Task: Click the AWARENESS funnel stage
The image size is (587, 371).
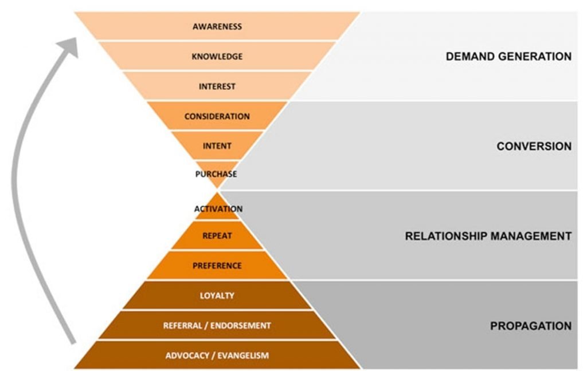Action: tap(217, 26)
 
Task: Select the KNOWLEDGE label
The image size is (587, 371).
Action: tap(217, 57)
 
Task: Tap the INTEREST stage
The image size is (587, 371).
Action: tap(217, 86)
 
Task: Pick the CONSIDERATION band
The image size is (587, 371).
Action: tap(217, 116)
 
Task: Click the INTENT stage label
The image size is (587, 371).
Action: tap(217, 146)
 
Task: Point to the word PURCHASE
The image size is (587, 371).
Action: tap(216, 173)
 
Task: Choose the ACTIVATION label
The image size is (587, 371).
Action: tap(218, 209)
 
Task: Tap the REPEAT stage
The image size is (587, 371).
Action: tap(217, 235)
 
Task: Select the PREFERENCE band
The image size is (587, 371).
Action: tap(217, 266)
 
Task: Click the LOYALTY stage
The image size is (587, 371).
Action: tap(217, 295)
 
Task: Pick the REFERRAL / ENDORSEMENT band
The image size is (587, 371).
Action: tap(217, 325)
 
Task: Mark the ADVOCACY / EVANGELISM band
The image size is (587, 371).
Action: tap(217, 356)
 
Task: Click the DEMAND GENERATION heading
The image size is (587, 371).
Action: tap(508, 57)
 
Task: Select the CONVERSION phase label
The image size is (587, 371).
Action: tap(534, 147)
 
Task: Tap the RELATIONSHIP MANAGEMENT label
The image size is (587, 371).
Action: tap(488, 236)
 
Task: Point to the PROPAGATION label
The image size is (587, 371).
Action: tap(530, 326)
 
